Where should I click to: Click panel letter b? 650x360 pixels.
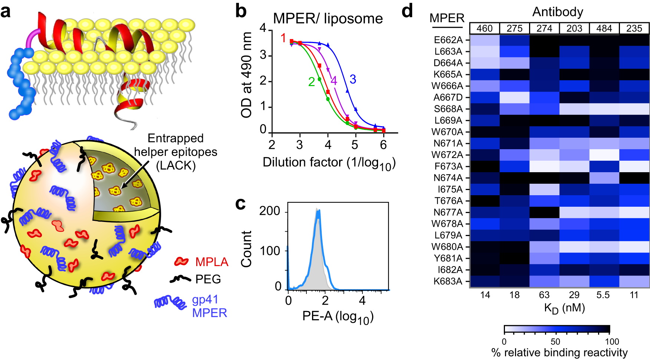[241, 11]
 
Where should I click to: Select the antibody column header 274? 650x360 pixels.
[544, 29]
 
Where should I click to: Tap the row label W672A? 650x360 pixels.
[447, 155]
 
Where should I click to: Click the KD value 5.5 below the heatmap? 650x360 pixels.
[603, 295]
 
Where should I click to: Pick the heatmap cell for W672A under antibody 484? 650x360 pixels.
[604, 155]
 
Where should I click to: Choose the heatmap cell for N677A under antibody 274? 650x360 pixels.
[544, 212]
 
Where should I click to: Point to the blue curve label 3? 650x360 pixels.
[352, 79]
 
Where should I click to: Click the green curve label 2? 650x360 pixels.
[311, 82]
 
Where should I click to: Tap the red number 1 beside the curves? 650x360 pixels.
[283, 38]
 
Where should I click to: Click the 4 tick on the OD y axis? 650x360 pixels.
[263, 28]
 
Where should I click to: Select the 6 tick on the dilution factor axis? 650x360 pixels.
[383, 145]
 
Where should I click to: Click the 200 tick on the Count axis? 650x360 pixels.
[270, 211]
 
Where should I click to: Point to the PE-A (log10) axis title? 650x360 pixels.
[338, 317]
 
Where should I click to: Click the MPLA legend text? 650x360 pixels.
[211, 262]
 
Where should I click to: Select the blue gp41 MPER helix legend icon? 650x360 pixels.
[170, 303]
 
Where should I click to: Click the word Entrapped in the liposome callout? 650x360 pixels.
[175, 138]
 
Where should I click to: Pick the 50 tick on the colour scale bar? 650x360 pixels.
[555, 341]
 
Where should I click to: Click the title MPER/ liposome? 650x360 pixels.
[328, 18]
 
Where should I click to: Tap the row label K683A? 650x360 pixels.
[448, 281]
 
